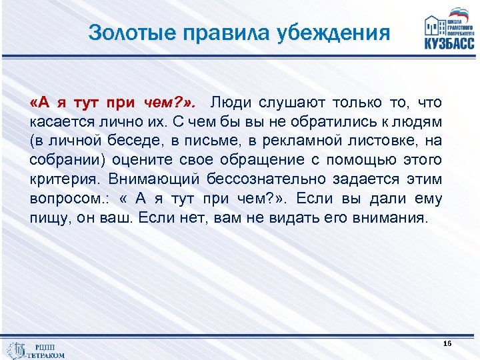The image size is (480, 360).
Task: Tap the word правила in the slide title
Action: [x=222, y=32]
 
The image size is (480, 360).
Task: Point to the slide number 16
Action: [x=447, y=343]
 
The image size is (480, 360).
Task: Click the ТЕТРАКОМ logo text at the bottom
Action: [x=46, y=355]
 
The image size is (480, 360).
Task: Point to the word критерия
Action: [x=63, y=181]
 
